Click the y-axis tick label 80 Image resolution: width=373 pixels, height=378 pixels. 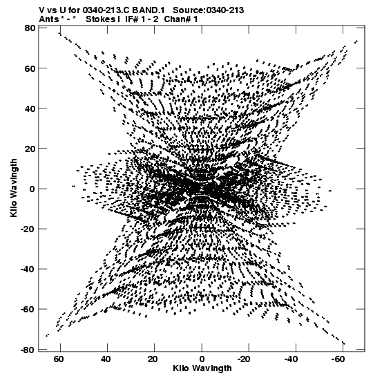[30, 28]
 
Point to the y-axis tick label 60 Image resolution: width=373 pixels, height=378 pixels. [30, 68]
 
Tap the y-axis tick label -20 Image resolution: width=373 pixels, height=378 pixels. [28, 229]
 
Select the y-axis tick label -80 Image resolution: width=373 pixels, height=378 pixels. [28, 350]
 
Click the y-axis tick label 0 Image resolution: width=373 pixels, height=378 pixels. [32, 189]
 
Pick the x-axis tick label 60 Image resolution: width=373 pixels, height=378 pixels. [59, 359]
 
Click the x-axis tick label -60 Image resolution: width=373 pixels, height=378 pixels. [338, 359]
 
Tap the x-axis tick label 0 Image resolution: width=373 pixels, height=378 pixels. [202, 359]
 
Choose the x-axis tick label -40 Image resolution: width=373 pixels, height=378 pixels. [291, 359]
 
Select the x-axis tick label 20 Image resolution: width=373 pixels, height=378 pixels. [153, 359]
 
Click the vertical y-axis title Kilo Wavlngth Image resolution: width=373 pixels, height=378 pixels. [14, 188]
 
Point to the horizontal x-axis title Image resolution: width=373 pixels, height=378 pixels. [202, 368]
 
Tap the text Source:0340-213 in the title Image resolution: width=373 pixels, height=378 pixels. [209, 10]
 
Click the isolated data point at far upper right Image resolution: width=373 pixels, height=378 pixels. [356, 42]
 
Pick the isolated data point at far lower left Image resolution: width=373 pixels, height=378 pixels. [47, 335]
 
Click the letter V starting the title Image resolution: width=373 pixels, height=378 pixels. [42, 10]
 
